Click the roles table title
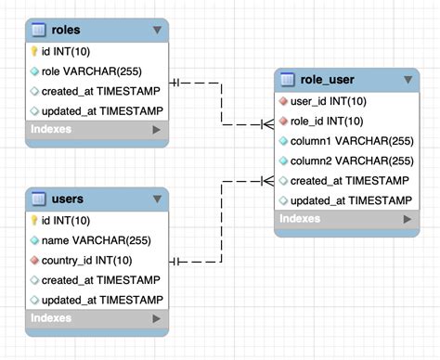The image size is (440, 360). pyautogui.click(x=68, y=31)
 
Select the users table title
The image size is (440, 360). pyautogui.click(x=69, y=199)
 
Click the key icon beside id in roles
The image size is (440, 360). pyautogui.click(x=34, y=52)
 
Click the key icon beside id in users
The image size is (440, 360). pyautogui.click(x=34, y=221)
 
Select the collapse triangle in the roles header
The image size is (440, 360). pyautogui.click(x=157, y=31)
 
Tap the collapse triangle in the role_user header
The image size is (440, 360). pyautogui.click(x=406, y=81)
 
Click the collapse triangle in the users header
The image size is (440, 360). pyautogui.click(x=157, y=199)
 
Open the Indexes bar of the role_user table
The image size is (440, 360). pyautogui.click(x=344, y=220)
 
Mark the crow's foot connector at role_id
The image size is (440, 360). pyautogui.click(x=265, y=122)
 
